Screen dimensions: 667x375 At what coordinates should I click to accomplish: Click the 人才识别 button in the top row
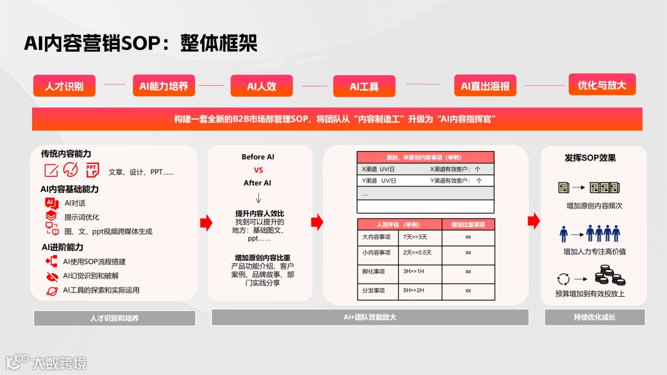click(64, 86)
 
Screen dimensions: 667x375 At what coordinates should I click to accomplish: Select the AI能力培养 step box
click(164, 86)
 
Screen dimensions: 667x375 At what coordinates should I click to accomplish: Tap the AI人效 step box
click(261, 86)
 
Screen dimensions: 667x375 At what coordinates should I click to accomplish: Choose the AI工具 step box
click(364, 86)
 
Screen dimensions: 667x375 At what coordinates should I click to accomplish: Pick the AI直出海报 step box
click(485, 86)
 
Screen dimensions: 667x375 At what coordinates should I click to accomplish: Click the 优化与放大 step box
click(602, 85)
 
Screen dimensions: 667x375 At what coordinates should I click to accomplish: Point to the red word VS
click(258, 170)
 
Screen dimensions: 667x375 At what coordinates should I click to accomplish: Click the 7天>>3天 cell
click(417, 236)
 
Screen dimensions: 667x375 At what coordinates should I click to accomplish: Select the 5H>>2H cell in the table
click(417, 290)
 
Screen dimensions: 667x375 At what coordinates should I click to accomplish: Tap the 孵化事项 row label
click(373, 272)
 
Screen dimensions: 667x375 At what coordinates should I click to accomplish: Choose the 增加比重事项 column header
click(468, 224)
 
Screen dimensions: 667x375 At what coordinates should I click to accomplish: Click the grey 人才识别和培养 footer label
click(114, 318)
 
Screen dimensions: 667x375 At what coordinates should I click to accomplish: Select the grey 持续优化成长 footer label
click(594, 318)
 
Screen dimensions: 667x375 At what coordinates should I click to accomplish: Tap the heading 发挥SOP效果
click(590, 158)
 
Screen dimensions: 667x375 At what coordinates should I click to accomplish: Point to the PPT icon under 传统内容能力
click(91, 170)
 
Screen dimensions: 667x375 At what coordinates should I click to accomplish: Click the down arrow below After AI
click(258, 198)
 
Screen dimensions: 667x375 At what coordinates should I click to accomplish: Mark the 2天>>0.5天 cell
click(417, 252)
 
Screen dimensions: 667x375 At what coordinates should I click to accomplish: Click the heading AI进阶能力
click(62, 247)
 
